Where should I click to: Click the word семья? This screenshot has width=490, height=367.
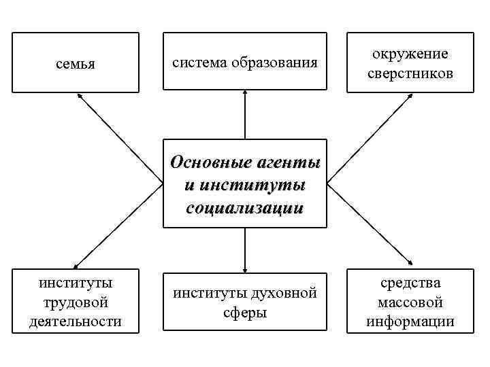(x=75, y=64)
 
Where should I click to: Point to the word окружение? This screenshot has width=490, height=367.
(x=409, y=54)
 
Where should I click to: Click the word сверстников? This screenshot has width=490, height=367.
(x=409, y=73)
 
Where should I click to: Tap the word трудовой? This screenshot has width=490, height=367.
(x=76, y=302)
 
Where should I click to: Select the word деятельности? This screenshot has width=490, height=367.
(x=76, y=320)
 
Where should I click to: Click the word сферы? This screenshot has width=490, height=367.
(x=244, y=313)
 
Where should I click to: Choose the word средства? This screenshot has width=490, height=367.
(x=410, y=283)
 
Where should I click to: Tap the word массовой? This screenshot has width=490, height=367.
(x=410, y=302)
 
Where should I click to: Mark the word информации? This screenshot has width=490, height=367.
(x=410, y=321)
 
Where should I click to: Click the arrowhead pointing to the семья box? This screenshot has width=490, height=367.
(x=80, y=96)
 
